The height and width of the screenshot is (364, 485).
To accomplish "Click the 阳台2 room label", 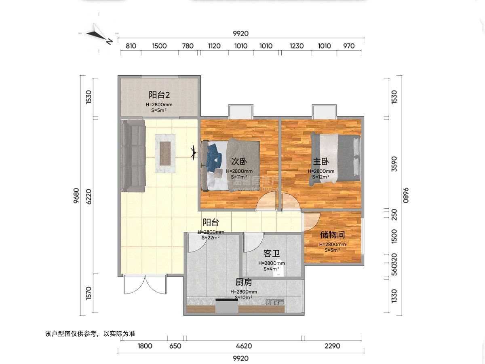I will (159, 95).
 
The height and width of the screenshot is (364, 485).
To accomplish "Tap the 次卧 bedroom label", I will (239, 161).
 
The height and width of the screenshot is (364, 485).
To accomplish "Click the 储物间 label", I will (332, 235).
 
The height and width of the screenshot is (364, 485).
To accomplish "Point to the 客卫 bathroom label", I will (272, 254).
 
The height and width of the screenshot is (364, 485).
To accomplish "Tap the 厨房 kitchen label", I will (244, 282).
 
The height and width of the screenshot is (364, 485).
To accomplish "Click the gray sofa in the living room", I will (133, 156).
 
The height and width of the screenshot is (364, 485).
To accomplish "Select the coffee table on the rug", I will (166, 153).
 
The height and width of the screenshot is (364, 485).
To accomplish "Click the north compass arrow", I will (99, 35).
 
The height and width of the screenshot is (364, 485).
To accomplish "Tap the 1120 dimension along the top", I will (214, 46).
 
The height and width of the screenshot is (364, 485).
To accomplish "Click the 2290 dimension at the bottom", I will (332, 346).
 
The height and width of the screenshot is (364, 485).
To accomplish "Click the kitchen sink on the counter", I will (275, 302).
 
